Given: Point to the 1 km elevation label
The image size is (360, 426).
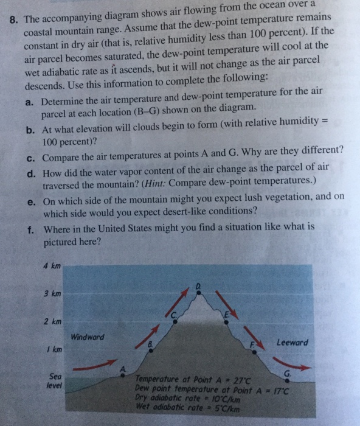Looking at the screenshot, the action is pos(52,349).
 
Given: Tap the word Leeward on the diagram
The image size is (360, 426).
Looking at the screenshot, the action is pos(292,342).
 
